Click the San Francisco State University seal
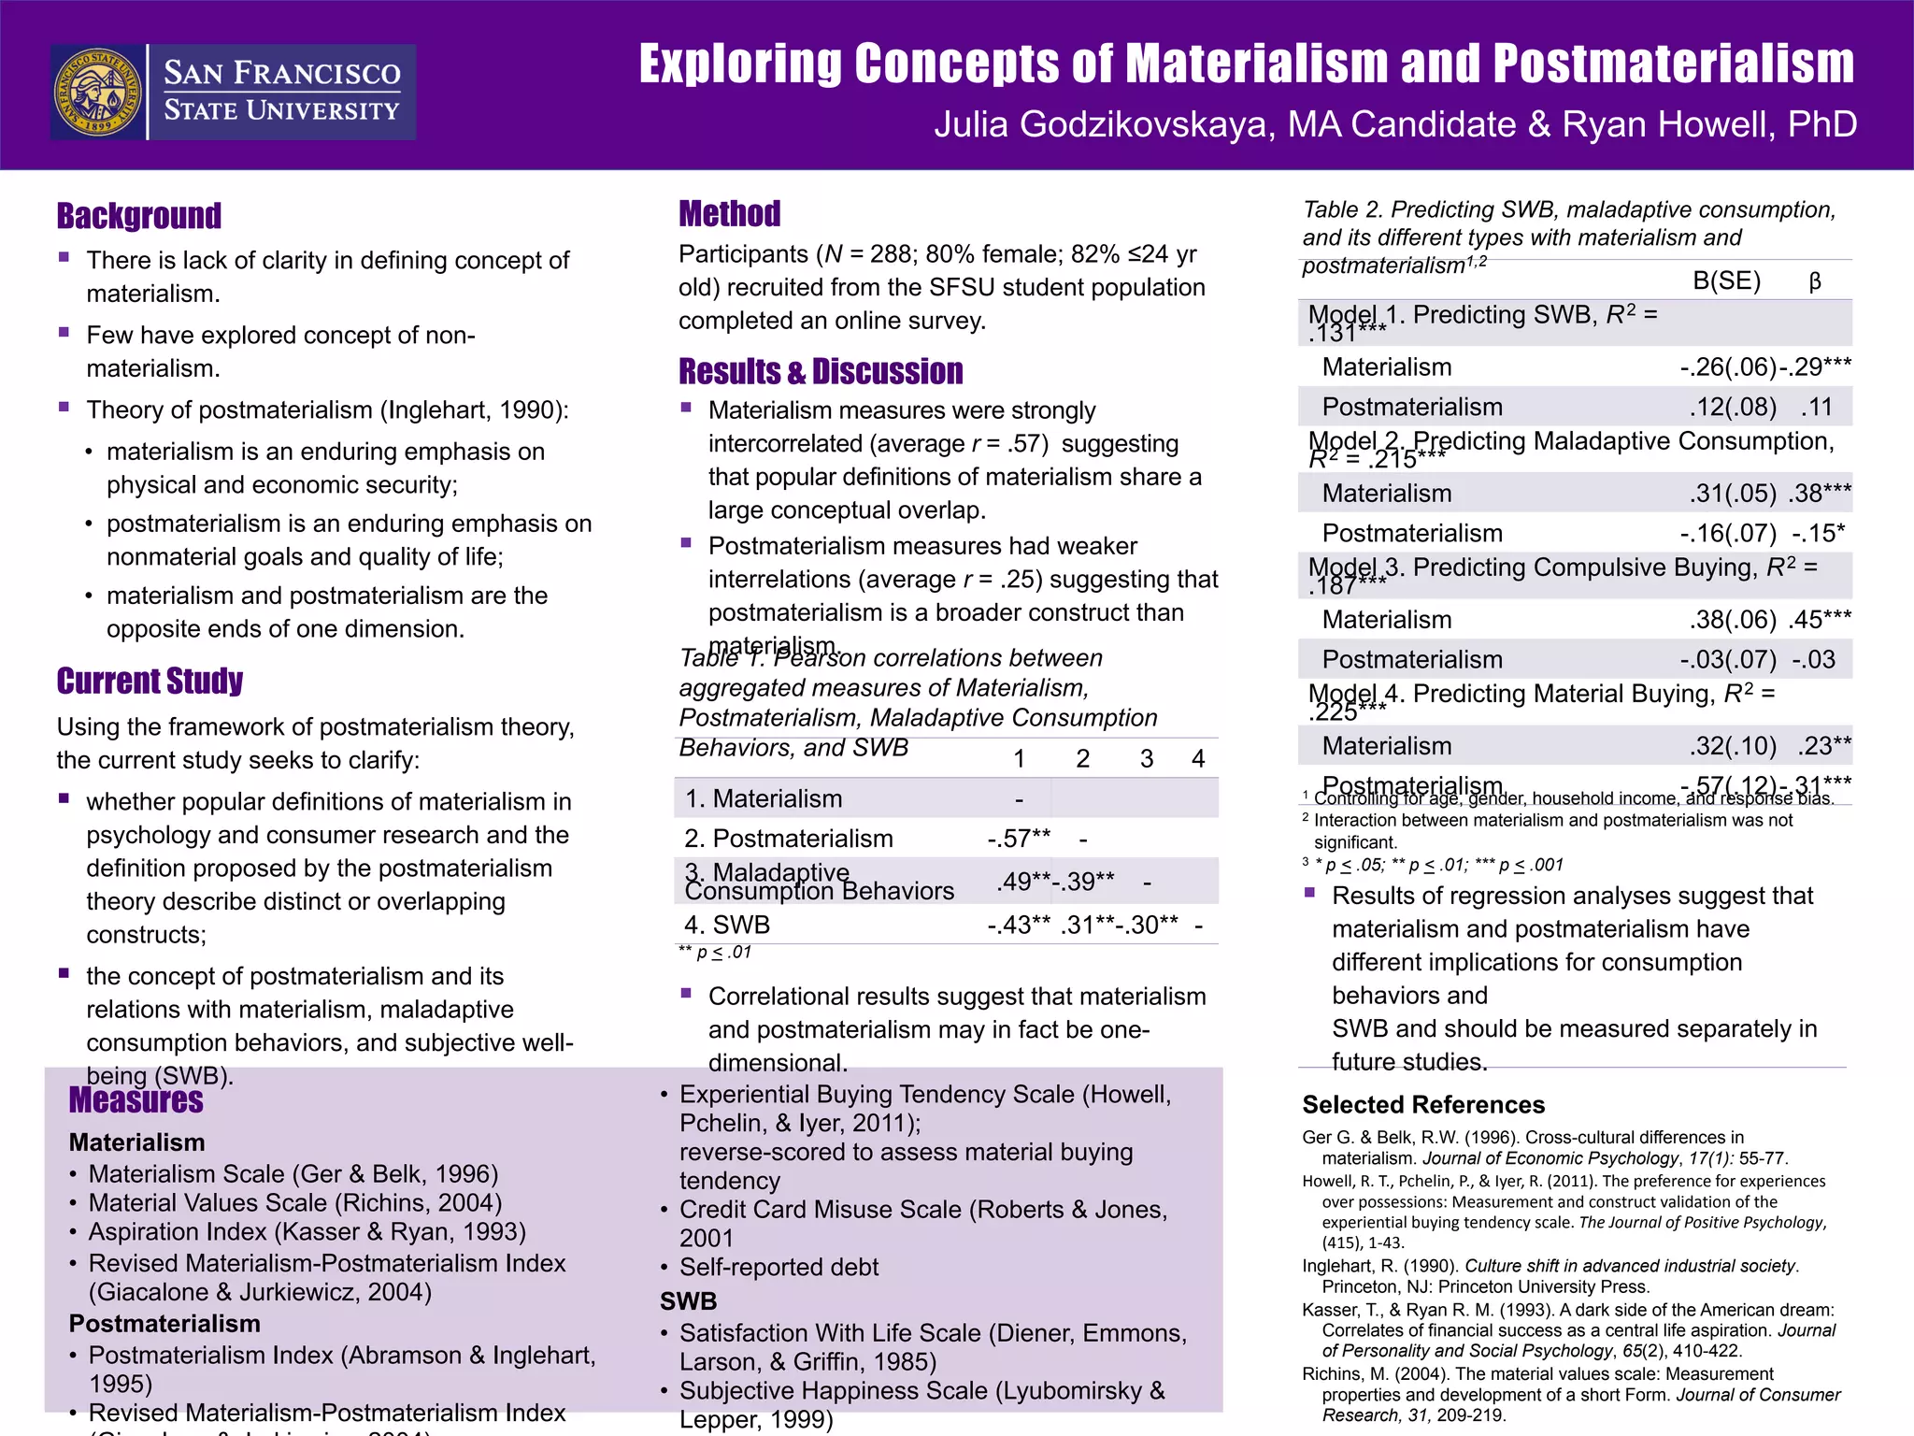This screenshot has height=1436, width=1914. [x=98, y=93]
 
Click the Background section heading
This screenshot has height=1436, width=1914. [x=139, y=216]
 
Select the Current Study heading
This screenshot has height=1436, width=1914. [x=150, y=681]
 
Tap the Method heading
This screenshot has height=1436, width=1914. [x=729, y=214]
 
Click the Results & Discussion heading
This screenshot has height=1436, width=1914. [x=820, y=371]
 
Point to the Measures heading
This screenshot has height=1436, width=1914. [x=136, y=1100]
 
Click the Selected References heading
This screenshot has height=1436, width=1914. [x=1422, y=1105]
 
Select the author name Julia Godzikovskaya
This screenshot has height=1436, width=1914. [x=1104, y=124]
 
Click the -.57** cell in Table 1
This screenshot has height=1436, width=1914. [x=1018, y=839]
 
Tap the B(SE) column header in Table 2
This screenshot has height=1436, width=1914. [x=1726, y=281]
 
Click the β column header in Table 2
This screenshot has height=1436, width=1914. [x=1814, y=281]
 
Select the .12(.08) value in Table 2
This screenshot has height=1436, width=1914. [x=1732, y=407]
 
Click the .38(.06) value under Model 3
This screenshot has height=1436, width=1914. [x=1732, y=620]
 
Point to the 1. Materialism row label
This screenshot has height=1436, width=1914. [x=763, y=798]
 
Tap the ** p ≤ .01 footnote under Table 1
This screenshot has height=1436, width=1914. [x=715, y=953]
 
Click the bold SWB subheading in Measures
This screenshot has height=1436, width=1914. [x=688, y=1301]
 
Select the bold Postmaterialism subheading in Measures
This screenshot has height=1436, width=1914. [x=164, y=1324]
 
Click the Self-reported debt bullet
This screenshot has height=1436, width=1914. [x=778, y=1267]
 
